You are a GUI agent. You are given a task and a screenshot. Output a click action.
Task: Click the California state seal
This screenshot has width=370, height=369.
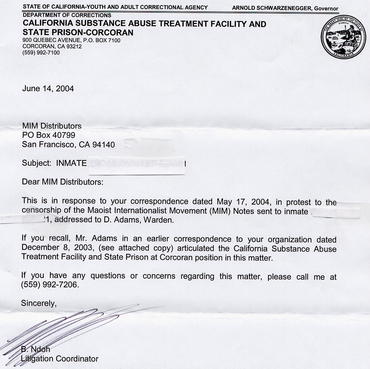(x=341, y=37)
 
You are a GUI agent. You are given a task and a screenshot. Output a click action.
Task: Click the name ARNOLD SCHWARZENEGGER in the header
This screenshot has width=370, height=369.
(x=272, y=8)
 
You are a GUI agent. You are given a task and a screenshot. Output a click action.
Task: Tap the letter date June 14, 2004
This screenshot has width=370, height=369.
(x=48, y=89)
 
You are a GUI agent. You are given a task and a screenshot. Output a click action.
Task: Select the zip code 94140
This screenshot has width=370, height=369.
(x=104, y=145)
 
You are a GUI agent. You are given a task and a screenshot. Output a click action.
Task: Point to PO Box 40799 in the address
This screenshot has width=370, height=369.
(x=49, y=135)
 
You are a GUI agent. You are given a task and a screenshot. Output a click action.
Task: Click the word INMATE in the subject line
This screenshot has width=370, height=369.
(x=71, y=163)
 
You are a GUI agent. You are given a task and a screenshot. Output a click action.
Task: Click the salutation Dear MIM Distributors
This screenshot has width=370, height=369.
(x=62, y=182)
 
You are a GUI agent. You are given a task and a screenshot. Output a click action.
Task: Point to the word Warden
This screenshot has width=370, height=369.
(x=158, y=220)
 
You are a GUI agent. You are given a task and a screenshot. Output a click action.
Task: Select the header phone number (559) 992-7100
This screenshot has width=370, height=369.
(x=41, y=53)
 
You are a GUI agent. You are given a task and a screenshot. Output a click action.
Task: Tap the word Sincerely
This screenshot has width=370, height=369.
(x=39, y=303)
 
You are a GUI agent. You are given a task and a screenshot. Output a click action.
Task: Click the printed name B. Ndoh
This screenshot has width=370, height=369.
(x=36, y=349)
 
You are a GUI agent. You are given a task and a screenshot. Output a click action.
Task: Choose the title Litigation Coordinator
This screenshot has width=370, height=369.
(x=60, y=359)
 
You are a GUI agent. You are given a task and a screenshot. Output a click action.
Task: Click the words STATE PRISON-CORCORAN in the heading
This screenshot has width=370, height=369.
(x=78, y=32)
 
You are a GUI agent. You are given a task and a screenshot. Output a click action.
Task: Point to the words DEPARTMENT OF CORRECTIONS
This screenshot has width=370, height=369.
(x=67, y=15)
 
